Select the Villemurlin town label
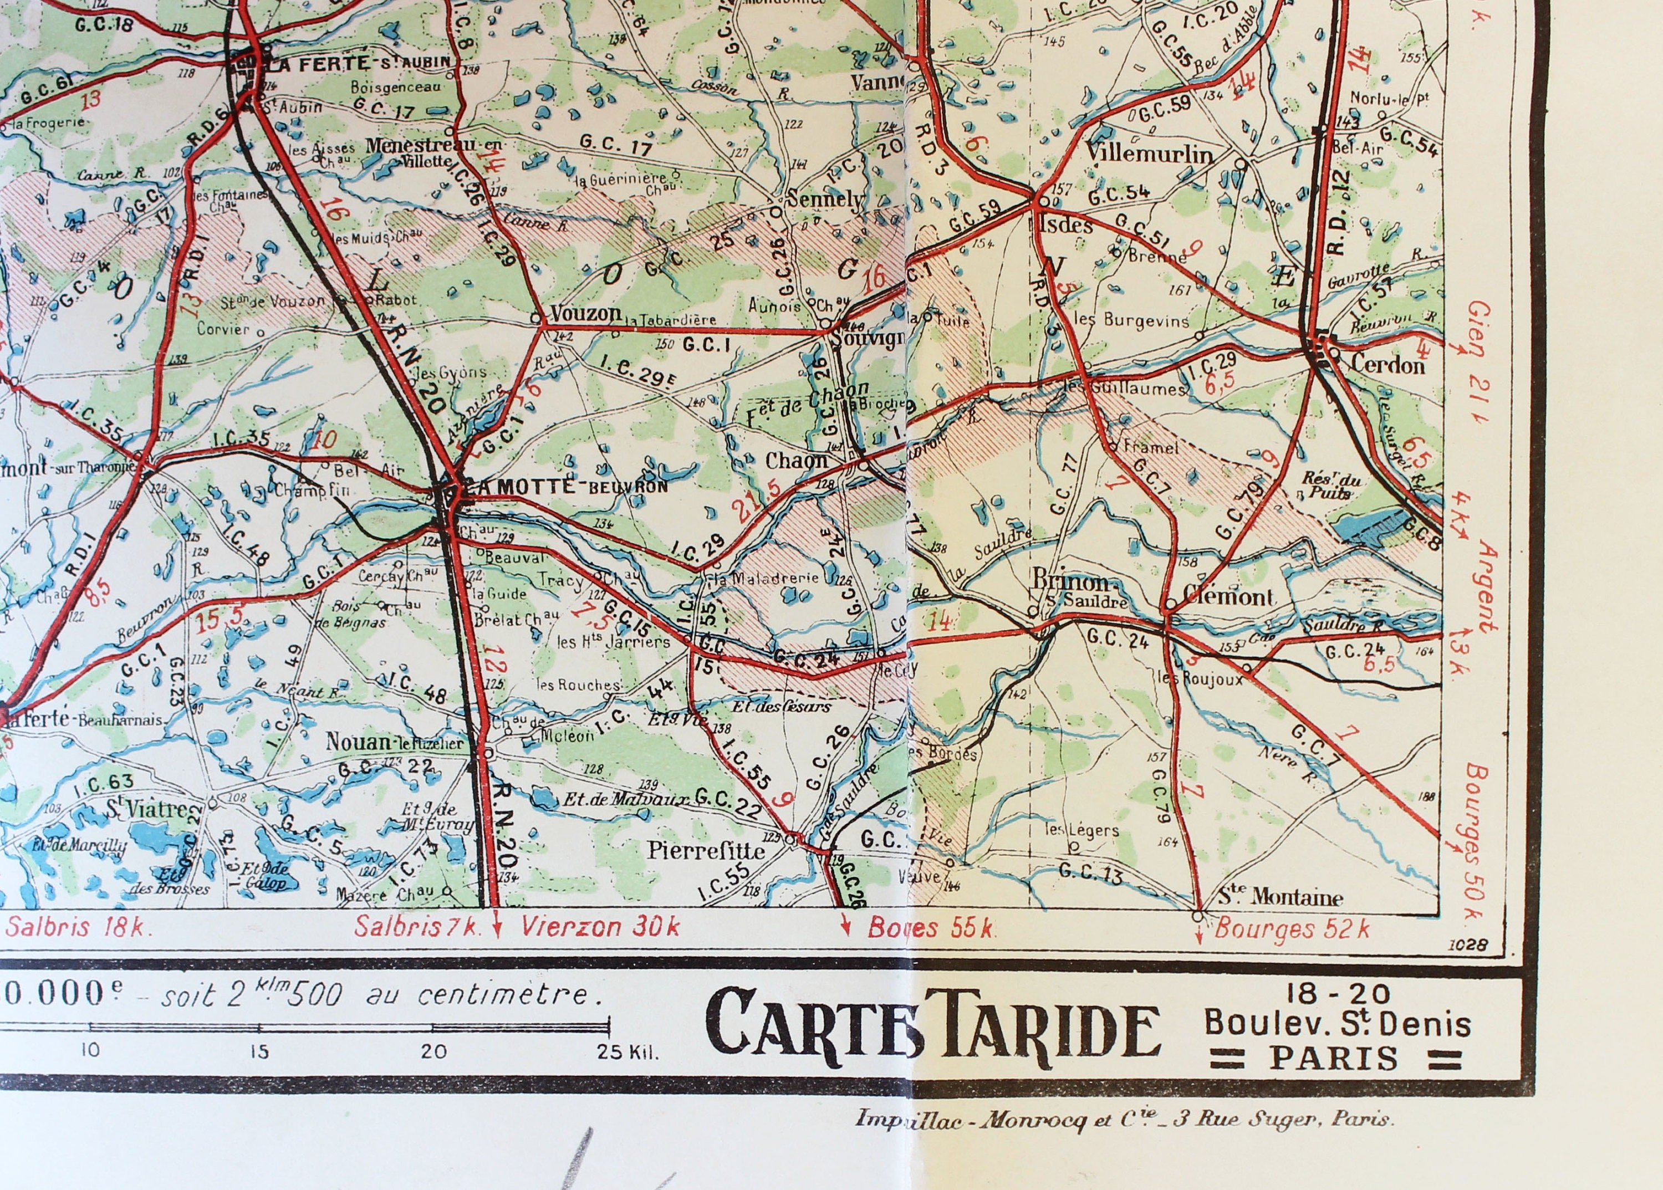[x=1149, y=154]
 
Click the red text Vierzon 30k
[x=600, y=927]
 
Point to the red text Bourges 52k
[x=1292, y=929]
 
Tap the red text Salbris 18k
[x=79, y=927]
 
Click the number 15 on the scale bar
[x=259, y=1052]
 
